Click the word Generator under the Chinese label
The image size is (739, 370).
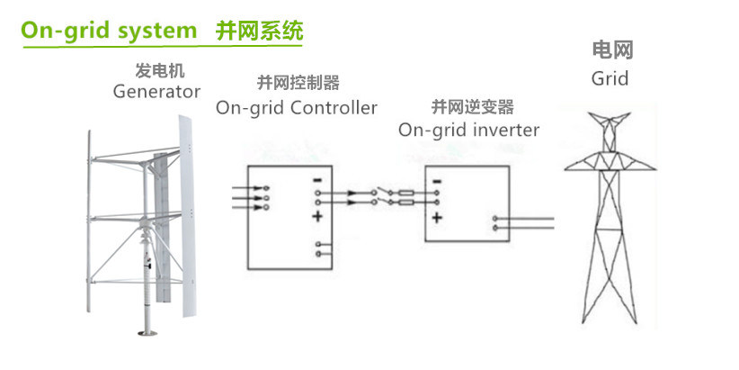pyautogui.click(x=156, y=92)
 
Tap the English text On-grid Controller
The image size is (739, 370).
pyautogui.click(x=297, y=108)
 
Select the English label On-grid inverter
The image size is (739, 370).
pyautogui.click(x=468, y=130)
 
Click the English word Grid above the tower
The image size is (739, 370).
pyautogui.click(x=610, y=78)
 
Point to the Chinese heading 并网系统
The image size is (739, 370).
pyautogui.click(x=259, y=31)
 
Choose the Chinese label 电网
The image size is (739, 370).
pyautogui.click(x=609, y=50)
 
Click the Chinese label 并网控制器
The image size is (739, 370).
pyautogui.click(x=298, y=84)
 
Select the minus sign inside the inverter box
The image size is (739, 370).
pyautogui.click(x=436, y=181)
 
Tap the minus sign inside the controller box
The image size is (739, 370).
pyautogui.click(x=316, y=181)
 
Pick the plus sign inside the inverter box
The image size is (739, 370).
pyautogui.click(x=436, y=218)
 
